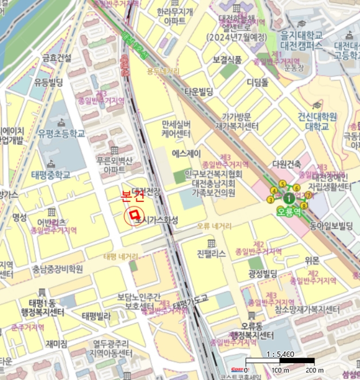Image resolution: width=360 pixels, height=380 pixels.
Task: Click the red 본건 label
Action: [x=132, y=197]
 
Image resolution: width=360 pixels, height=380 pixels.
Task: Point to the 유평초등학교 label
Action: [x=61, y=132]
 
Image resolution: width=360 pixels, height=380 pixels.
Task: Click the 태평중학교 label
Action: [x=51, y=175]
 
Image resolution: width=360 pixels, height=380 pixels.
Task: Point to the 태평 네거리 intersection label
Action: [x=121, y=256]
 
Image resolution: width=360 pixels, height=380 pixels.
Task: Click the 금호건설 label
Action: [x=57, y=58]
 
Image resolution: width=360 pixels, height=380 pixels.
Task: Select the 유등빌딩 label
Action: [x=49, y=83]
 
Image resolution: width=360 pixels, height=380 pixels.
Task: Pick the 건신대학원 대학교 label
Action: [x=317, y=122]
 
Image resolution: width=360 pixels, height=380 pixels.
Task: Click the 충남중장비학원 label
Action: [x=58, y=269]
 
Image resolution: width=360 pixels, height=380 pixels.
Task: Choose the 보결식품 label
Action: [x=228, y=59]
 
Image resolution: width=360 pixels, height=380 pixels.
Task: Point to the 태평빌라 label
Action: [x=97, y=315]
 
